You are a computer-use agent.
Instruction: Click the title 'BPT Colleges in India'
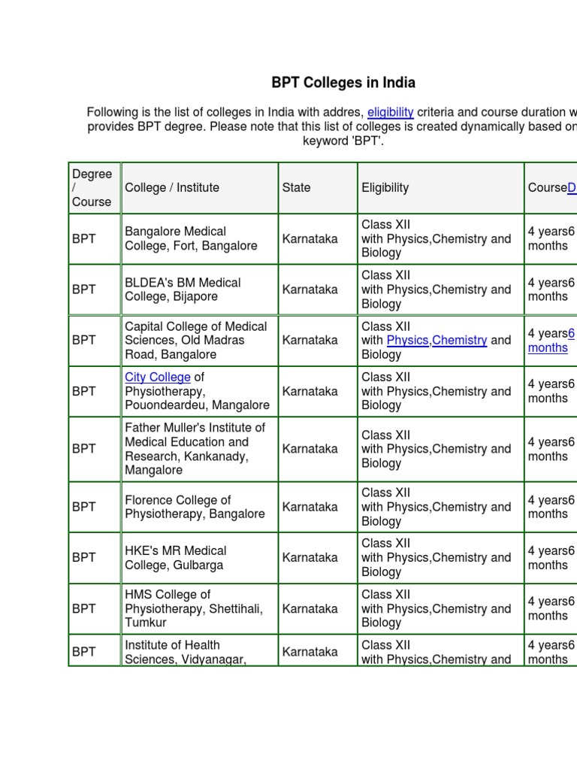(x=343, y=83)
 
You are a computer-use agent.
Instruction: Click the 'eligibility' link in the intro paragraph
(x=391, y=112)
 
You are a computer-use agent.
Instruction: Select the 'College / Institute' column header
(x=172, y=188)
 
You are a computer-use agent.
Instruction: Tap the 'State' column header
(x=296, y=188)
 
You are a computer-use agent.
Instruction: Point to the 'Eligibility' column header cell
(x=385, y=188)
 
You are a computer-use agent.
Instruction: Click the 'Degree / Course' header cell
(x=92, y=188)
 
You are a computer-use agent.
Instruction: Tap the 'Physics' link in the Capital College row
(x=407, y=340)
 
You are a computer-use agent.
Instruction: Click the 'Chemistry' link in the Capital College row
(x=460, y=340)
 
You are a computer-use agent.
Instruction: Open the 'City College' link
(x=158, y=377)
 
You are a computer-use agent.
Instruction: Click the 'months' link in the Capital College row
(x=548, y=347)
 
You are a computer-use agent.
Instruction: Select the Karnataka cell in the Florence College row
(x=310, y=507)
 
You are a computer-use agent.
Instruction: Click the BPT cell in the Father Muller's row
(x=84, y=449)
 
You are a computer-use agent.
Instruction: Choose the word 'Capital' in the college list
(x=143, y=326)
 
